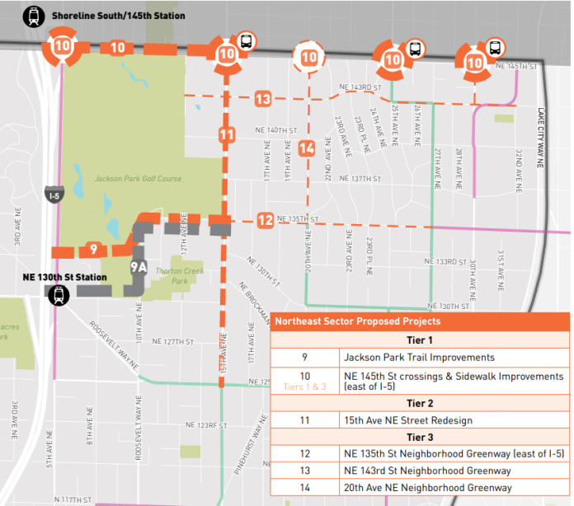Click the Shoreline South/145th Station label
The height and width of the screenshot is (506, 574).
(118, 16)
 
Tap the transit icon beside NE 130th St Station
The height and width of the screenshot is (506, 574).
(59, 295)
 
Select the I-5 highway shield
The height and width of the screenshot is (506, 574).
(51, 194)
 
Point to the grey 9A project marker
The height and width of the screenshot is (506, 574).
(139, 267)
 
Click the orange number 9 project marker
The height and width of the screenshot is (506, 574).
(93, 249)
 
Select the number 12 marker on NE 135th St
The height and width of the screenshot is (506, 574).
(265, 220)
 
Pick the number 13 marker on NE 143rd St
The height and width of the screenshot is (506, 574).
(263, 99)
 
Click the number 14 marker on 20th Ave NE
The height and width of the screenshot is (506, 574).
(307, 149)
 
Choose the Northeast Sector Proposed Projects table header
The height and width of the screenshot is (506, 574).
(357, 321)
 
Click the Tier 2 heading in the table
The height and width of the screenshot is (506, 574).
(419, 403)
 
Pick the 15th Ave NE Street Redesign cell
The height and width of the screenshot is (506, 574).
(408, 420)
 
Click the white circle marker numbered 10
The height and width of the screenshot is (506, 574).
(309, 58)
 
